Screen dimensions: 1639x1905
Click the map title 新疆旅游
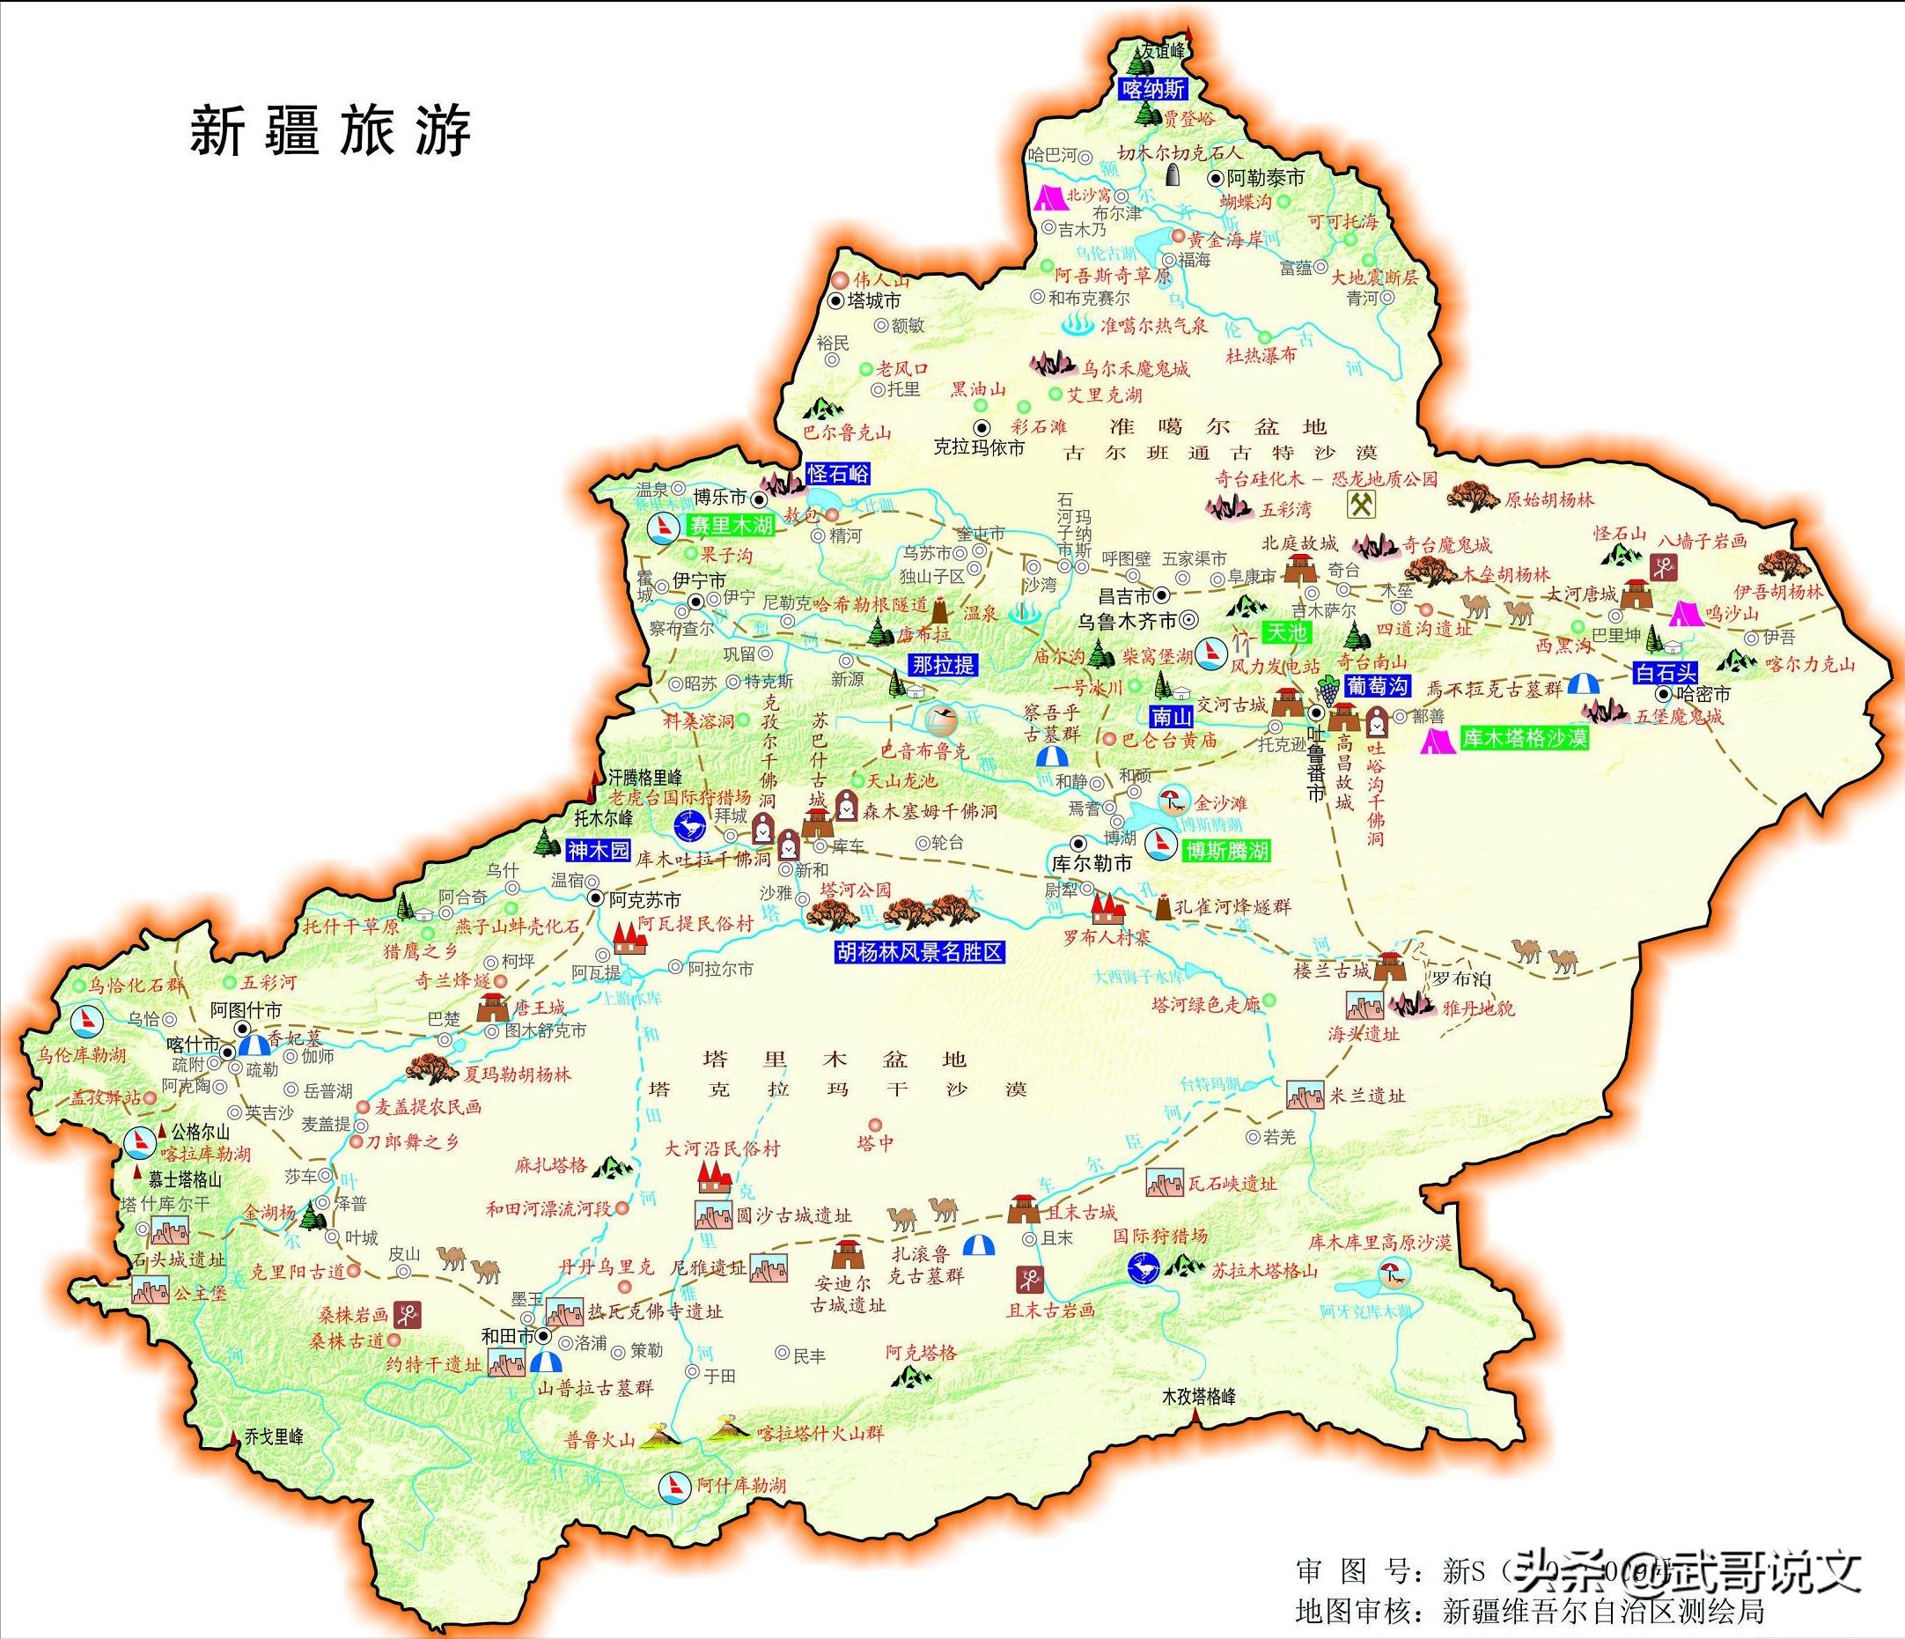330,130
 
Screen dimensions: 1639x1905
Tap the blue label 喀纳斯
1153,89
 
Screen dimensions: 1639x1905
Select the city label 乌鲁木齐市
1127,622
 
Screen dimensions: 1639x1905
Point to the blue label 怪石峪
836,474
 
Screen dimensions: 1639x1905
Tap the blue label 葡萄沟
1376,685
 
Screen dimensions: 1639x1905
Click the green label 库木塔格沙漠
1524,738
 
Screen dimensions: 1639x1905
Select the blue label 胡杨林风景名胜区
918,952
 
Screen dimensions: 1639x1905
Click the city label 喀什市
193,1045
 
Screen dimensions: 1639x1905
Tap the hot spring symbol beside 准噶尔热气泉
1076,325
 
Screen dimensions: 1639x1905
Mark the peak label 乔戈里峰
273,1436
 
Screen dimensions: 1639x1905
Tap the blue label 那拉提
943,665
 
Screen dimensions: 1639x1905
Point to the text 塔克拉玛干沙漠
835,1089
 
